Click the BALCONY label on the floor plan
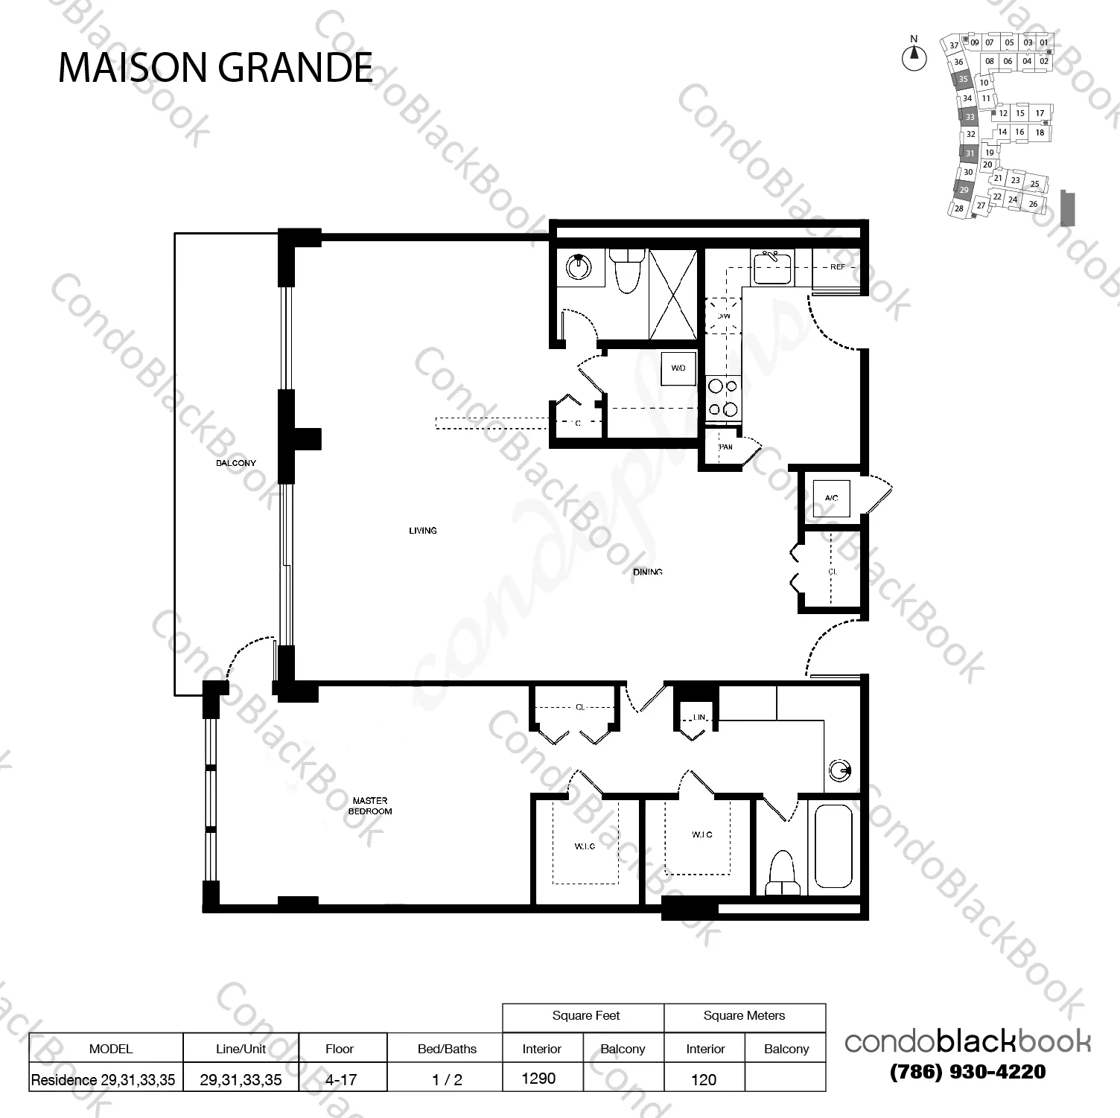pos(236,463)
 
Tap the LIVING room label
pos(422,531)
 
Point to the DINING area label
pos(647,572)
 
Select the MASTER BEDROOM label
pos(370,806)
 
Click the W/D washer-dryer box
pos(678,368)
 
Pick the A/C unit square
pos(831,498)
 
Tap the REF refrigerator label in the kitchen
pos(839,267)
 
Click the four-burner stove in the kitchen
pos(722,397)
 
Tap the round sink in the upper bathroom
pos(578,266)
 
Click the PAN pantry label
pos(726,447)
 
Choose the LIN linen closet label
pos(699,718)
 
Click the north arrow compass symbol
pos(914,56)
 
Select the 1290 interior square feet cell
pos(539,1078)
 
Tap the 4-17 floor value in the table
pos(342,1079)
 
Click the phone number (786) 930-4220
pos(967,1072)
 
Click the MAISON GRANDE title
pos(215,68)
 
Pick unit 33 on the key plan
pos(970,117)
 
